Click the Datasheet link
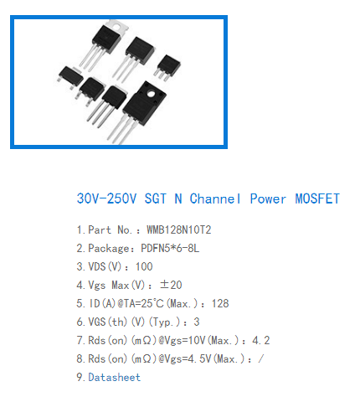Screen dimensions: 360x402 tap(115, 377)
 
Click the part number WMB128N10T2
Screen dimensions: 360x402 tap(179, 230)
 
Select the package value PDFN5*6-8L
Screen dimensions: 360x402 tap(170, 248)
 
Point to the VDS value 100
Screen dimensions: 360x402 tap(144, 266)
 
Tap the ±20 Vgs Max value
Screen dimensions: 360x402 tap(171, 285)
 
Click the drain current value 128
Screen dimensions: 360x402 tap(220, 303)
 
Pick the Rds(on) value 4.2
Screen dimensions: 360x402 tap(261, 340)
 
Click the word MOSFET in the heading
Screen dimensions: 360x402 tap(317, 198)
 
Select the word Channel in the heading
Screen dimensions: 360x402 tap(215, 198)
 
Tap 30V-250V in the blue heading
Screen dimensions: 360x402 tap(106, 198)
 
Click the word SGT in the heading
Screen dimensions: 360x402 tap(156, 198)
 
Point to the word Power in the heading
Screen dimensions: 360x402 tap(268, 198)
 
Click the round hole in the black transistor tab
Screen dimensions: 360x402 tap(151, 94)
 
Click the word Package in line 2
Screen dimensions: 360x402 tap(109, 249)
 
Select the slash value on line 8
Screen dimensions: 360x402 tap(260, 358)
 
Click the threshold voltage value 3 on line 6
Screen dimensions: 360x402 tap(197, 322)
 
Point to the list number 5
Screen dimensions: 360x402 tap(80, 303)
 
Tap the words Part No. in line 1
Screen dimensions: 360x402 tap(110, 230)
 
